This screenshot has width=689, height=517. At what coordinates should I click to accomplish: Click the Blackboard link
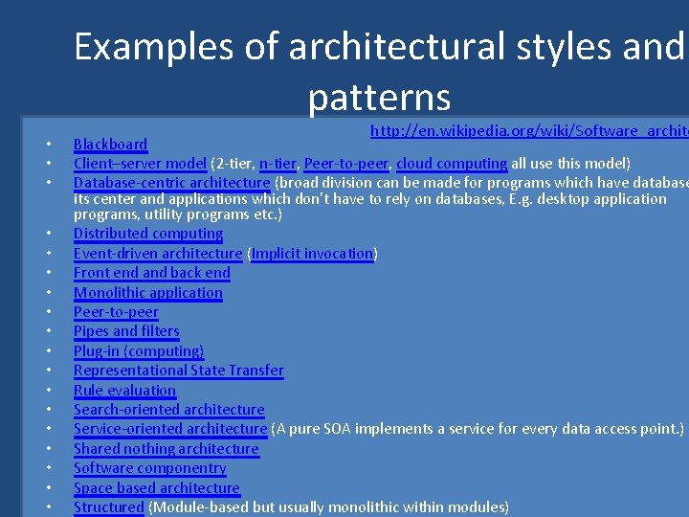[110, 145]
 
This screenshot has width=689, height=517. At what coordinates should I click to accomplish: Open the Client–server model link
[140, 164]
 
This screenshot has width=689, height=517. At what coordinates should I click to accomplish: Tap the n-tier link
[277, 164]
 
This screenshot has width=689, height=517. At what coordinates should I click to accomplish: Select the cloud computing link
[451, 164]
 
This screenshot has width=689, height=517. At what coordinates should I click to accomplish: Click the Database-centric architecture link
[171, 183]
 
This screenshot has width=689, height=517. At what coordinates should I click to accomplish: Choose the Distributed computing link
[148, 234]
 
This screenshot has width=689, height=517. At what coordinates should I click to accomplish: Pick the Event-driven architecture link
[158, 254]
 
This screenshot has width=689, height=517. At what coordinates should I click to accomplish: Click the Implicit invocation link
[312, 254]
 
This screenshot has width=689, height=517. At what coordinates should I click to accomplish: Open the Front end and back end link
[152, 273]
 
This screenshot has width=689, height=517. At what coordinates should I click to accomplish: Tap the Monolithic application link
[148, 293]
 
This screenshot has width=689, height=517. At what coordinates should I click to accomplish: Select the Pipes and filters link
[126, 331]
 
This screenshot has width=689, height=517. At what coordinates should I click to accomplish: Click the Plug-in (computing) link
[139, 351]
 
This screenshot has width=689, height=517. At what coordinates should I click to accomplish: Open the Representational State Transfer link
[179, 371]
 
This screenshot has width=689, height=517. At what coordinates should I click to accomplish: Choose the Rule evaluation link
[124, 391]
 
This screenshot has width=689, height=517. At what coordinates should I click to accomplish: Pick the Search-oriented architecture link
[168, 410]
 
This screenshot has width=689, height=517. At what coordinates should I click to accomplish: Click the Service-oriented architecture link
[169, 429]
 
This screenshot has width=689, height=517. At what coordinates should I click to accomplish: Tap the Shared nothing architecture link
[167, 449]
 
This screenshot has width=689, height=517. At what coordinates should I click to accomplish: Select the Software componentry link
[150, 468]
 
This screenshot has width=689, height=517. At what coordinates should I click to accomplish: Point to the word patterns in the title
[379, 97]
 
